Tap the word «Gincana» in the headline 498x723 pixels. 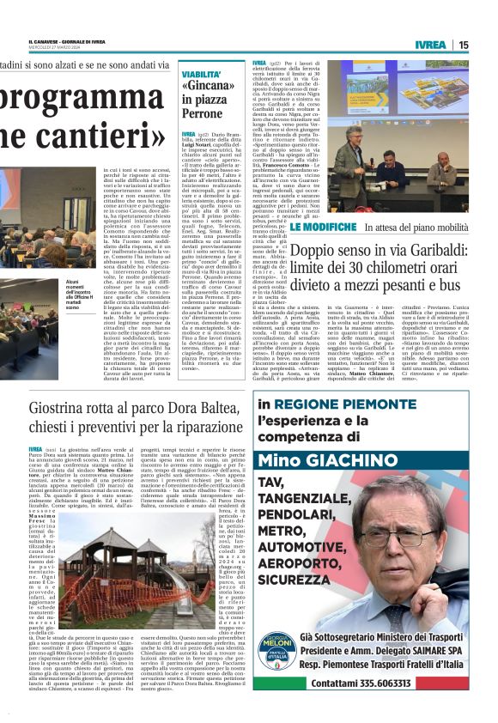208,87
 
